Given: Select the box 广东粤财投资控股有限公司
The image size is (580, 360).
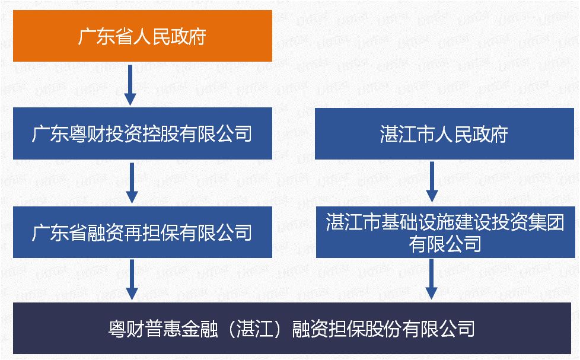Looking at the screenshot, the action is (142, 133).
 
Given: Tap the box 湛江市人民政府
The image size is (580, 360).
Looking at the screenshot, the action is (444, 134).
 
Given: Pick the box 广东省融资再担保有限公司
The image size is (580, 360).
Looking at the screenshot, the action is (142, 232).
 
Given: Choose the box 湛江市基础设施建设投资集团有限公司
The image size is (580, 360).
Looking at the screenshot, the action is (445, 232).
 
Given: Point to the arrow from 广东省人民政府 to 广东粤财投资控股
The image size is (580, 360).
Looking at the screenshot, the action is (130, 84).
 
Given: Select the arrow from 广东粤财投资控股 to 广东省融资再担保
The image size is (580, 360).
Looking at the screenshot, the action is (132, 182).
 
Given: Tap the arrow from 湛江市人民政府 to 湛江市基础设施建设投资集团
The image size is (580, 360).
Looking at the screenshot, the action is (432, 181).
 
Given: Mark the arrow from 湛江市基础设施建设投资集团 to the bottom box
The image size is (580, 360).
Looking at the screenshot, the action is (432, 279).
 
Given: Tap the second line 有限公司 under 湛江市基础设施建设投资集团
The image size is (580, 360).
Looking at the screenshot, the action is (445, 243).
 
